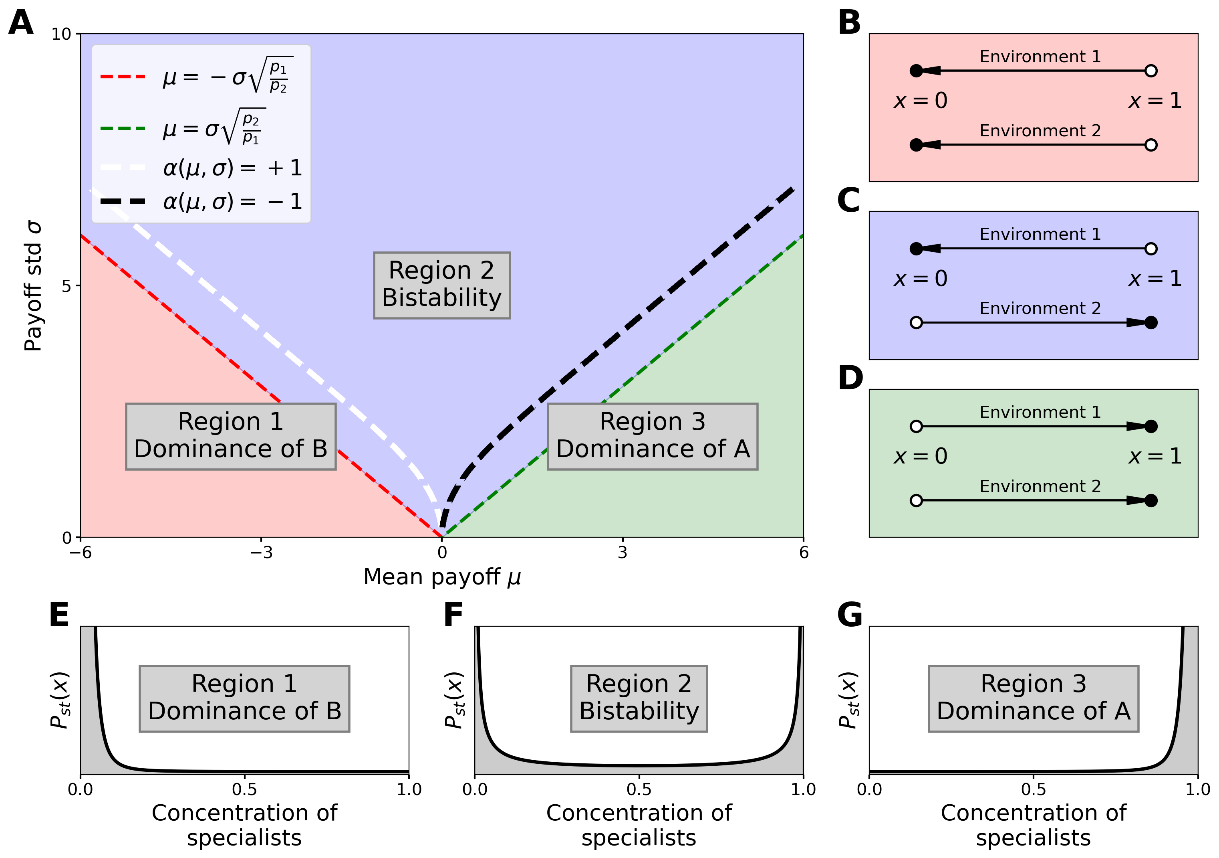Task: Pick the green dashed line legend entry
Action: pyautogui.click(x=183, y=128)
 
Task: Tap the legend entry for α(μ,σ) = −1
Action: pyautogui.click(x=202, y=201)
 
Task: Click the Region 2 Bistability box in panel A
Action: pyautogui.click(x=442, y=285)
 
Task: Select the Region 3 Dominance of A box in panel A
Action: pyautogui.click(x=653, y=436)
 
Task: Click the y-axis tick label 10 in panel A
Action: pyautogui.click(x=61, y=34)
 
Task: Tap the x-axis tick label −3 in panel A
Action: pyautogui.click(x=261, y=552)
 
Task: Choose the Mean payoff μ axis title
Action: pyautogui.click(x=442, y=577)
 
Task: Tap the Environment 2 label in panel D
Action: pyautogui.click(x=1040, y=486)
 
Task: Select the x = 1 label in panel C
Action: pyautogui.click(x=1155, y=278)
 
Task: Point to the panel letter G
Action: pyautogui.click(x=850, y=615)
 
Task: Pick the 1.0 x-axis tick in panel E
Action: pyautogui.click(x=409, y=789)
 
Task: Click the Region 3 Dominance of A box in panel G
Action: pyautogui.click(x=1033, y=698)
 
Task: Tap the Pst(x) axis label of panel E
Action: pyautogui.click(x=60, y=700)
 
